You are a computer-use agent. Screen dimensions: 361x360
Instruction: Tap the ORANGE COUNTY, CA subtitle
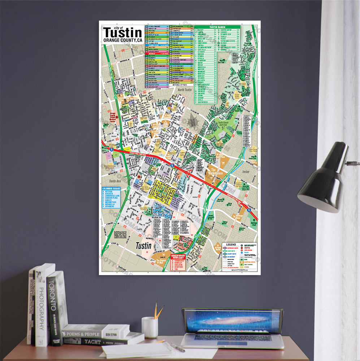click(122, 40)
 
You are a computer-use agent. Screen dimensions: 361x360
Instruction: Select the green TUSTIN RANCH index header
click(217, 27)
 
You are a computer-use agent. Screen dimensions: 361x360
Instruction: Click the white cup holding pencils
click(149, 327)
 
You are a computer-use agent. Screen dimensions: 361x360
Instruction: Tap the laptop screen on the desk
click(232, 321)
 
